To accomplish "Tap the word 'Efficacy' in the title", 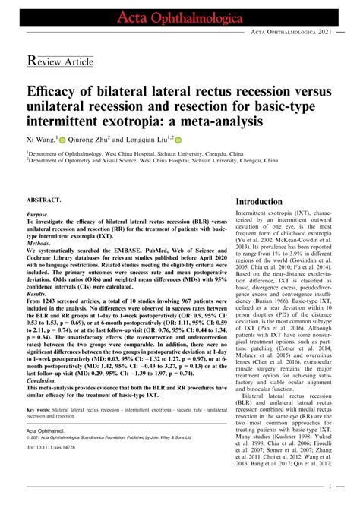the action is pyautogui.click(x=55, y=90).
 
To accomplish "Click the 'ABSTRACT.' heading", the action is pyautogui.click(x=46, y=200).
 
